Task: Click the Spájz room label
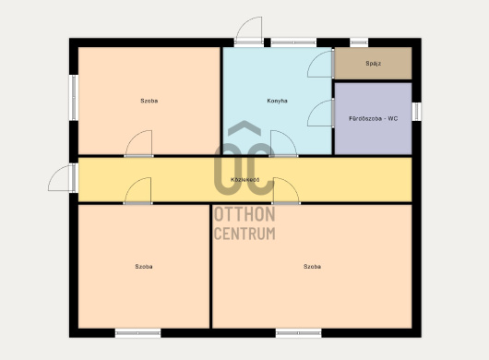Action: pyautogui.click(x=373, y=64)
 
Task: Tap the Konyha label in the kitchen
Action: pyautogui.click(x=277, y=101)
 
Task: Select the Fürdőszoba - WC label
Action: pyautogui.click(x=374, y=118)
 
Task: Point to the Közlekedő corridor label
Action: pyautogui.click(x=245, y=180)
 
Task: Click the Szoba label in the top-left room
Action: pyautogui.click(x=149, y=101)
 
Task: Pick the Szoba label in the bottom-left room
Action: pyautogui.click(x=144, y=267)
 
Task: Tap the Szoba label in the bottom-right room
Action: pyautogui.click(x=312, y=267)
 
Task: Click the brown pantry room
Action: pyautogui.click(x=373, y=64)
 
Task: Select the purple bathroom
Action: pyautogui.click(x=373, y=118)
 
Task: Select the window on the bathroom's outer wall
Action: pyautogui.click(x=417, y=112)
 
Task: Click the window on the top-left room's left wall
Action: pyautogui.click(x=74, y=98)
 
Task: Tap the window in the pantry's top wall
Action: pyautogui.click(x=359, y=42)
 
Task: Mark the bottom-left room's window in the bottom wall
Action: pyautogui.click(x=137, y=333)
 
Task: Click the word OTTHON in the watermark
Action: pyautogui.click(x=244, y=214)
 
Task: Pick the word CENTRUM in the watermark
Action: pyautogui.click(x=244, y=233)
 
